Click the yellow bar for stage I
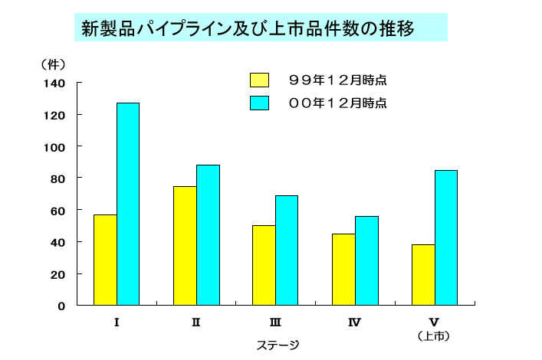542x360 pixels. [x=105, y=260]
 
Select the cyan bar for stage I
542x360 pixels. [x=128, y=204]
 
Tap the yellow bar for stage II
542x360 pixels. [x=185, y=246]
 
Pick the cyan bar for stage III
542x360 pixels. [x=287, y=250]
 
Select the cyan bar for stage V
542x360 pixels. [x=445, y=237]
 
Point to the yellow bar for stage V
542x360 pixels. [x=423, y=275]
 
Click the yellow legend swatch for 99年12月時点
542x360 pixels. [x=260, y=80]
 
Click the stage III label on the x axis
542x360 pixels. [x=275, y=322]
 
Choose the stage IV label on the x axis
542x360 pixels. [x=355, y=322]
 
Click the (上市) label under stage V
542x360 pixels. [x=434, y=335]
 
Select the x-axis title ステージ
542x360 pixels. [x=277, y=345]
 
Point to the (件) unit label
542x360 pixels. [x=53, y=64]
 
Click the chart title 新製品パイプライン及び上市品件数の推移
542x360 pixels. [x=248, y=29]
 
